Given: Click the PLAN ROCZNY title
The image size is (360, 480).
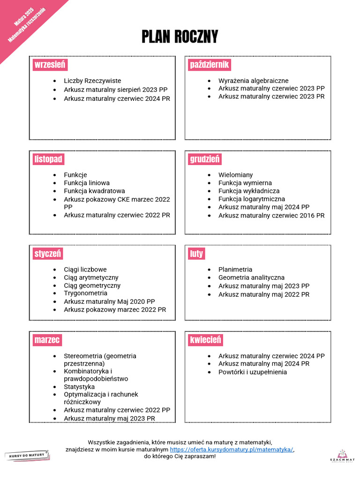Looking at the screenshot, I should (180, 37).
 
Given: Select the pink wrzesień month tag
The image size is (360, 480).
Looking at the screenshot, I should (50, 65).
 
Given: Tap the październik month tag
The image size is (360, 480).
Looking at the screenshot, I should (209, 65).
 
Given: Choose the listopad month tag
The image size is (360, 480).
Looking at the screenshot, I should (48, 159).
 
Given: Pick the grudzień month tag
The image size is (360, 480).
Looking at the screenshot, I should (205, 159).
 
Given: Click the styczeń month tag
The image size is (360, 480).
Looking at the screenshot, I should (48, 254).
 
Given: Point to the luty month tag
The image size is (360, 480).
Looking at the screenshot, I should (196, 254).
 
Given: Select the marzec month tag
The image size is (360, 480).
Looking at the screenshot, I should (47, 339).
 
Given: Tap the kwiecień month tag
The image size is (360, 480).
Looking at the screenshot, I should (205, 339).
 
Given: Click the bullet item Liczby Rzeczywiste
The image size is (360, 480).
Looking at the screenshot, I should (92, 81).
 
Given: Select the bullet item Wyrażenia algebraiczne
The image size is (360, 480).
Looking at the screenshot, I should (253, 81).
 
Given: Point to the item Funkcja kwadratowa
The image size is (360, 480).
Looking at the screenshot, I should (94, 191).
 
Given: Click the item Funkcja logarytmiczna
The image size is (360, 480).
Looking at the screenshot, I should (251, 199).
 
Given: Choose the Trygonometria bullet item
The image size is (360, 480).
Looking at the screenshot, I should (85, 293).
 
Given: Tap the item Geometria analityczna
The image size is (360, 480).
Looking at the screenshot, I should (251, 277).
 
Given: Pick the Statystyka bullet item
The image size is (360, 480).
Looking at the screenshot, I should (79, 387).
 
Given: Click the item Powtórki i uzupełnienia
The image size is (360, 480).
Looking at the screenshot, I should (252, 372).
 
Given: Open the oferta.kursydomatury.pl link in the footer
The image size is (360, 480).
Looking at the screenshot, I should (232, 449).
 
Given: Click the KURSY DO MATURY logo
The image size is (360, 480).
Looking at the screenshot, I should (27, 455).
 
